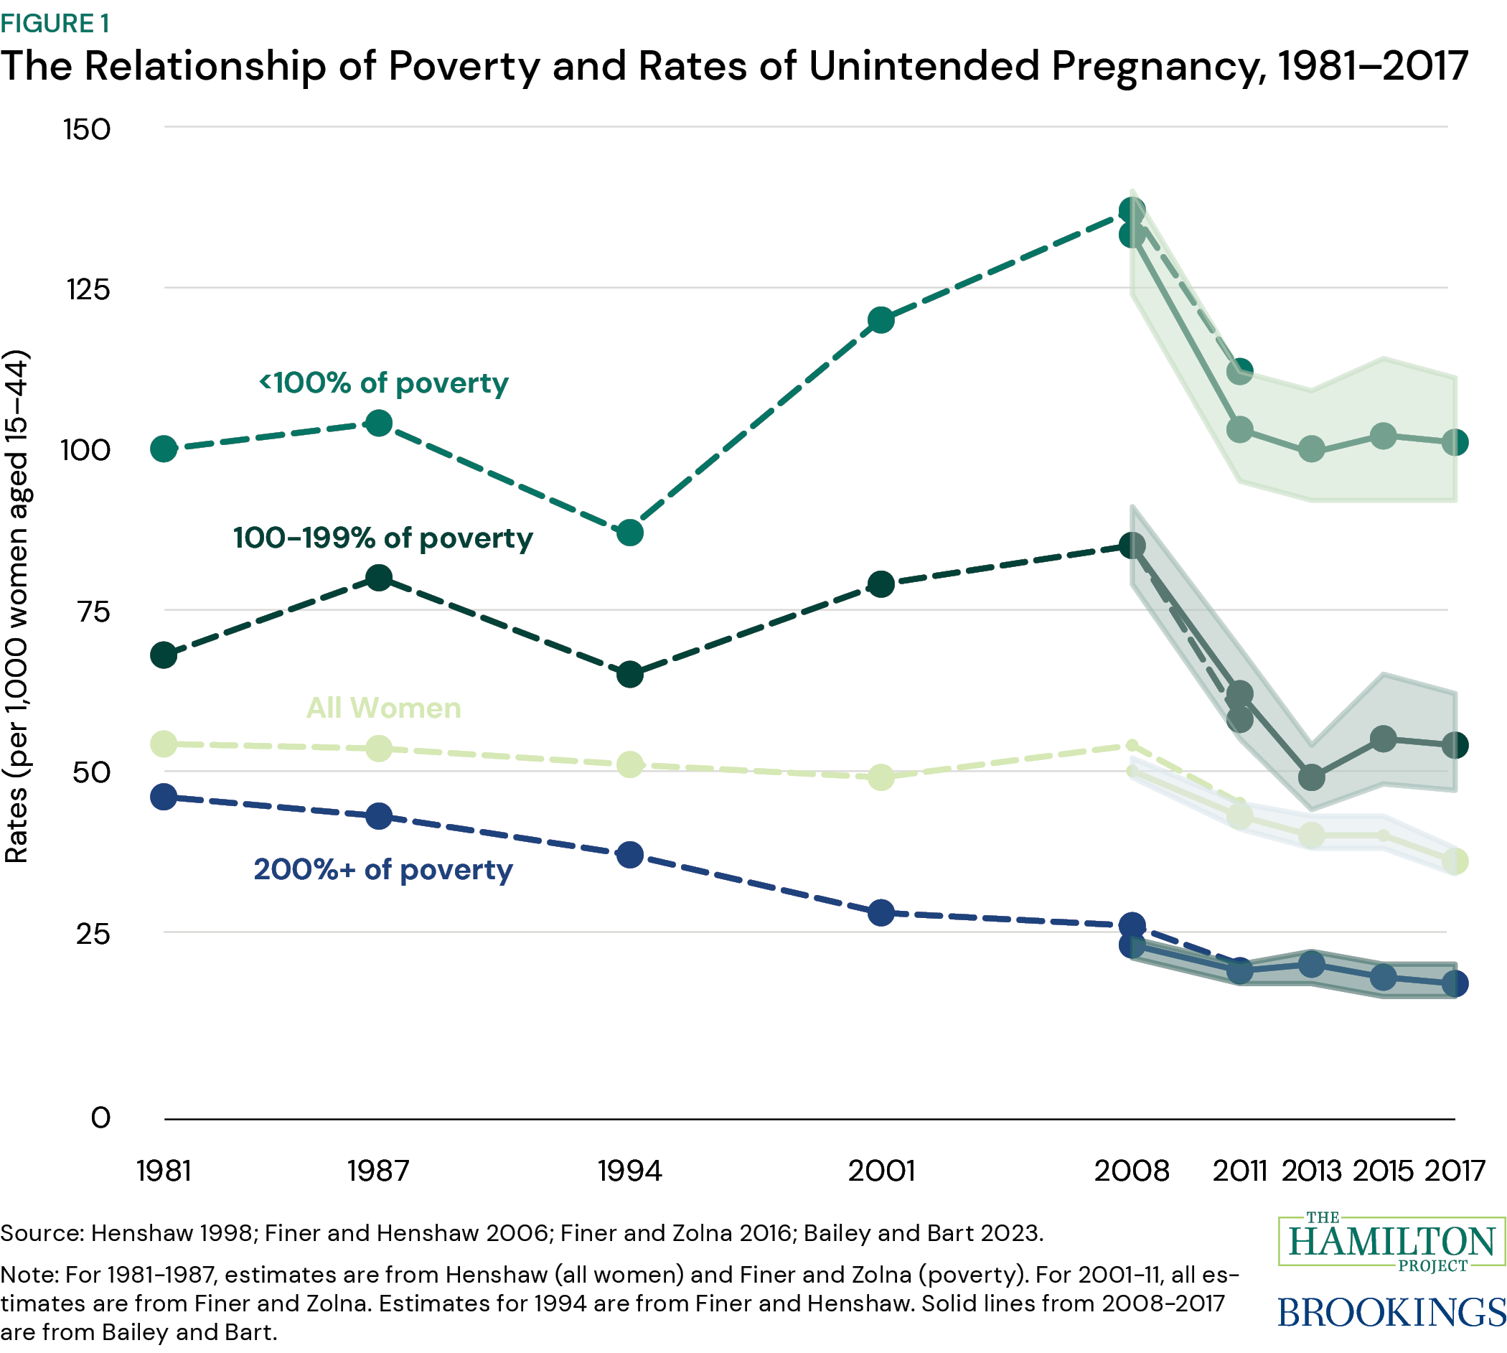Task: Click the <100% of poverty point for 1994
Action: [x=629, y=533]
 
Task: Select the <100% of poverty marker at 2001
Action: [x=881, y=320]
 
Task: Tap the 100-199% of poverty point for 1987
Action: [x=379, y=578]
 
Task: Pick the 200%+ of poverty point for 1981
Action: [x=164, y=797]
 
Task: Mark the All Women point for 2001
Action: [x=881, y=777]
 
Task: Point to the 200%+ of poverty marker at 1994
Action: [x=629, y=855]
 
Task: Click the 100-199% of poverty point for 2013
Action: [x=1312, y=777]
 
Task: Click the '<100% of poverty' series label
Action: [x=383, y=383]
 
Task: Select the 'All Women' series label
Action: [x=383, y=708]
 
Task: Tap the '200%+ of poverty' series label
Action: [x=383, y=869]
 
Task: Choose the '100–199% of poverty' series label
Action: [x=383, y=538]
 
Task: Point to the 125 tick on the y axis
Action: [x=88, y=289]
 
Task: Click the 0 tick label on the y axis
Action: [x=100, y=1118]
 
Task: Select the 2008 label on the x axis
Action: [x=1131, y=1171]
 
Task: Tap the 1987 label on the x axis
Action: [x=379, y=1171]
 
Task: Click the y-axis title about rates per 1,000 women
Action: [x=17, y=606]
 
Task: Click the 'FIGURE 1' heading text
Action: [x=55, y=24]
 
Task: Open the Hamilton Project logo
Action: [x=1391, y=1242]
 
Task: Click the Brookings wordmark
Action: [x=1391, y=1312]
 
